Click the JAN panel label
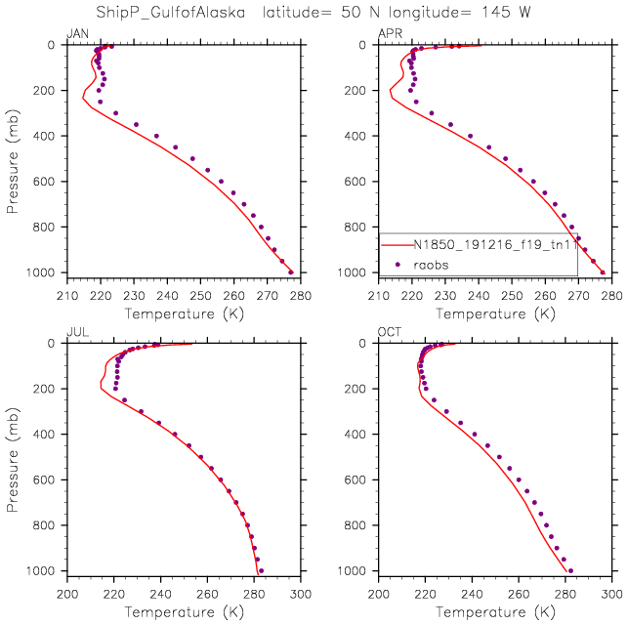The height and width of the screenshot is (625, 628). (x=75, y=35)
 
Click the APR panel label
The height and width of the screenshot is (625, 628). (x=389, y=35)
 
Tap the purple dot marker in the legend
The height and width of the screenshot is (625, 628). (x=397, y=264)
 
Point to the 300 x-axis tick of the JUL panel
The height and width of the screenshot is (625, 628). (x=300, y=593)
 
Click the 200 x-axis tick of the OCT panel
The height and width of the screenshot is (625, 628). (x=380, y=593)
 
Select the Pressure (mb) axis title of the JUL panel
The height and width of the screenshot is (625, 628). (x=12, y=457)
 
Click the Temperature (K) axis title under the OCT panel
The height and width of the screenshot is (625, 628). (x=495, y=611)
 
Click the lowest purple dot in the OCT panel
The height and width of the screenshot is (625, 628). (x=570, y=570)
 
